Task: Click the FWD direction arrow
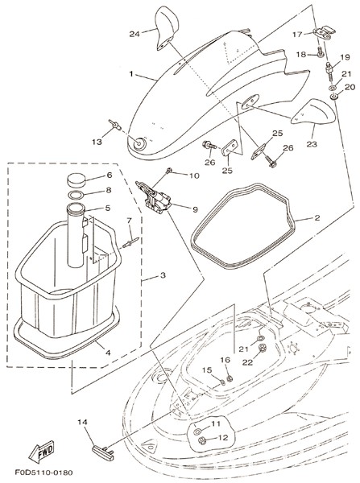(42, 452)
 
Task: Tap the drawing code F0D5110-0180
(43, 473)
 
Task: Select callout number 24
(134, 34)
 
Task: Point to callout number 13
(97, 142)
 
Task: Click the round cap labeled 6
(77, 180)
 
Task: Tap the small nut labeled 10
(168, 170)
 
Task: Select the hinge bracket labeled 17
(323, 33)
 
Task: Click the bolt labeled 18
(320, 52)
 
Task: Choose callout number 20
(350, 88)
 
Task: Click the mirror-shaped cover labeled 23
(312, 112)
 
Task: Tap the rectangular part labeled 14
(103, 453)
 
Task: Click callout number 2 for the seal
(317, 218)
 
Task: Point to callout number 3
(163, 275)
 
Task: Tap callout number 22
(247, 362)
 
